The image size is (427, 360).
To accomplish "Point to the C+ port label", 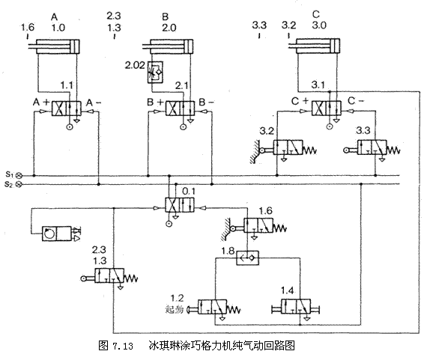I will pos(300,100).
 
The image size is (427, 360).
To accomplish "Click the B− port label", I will pos(206,101).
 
